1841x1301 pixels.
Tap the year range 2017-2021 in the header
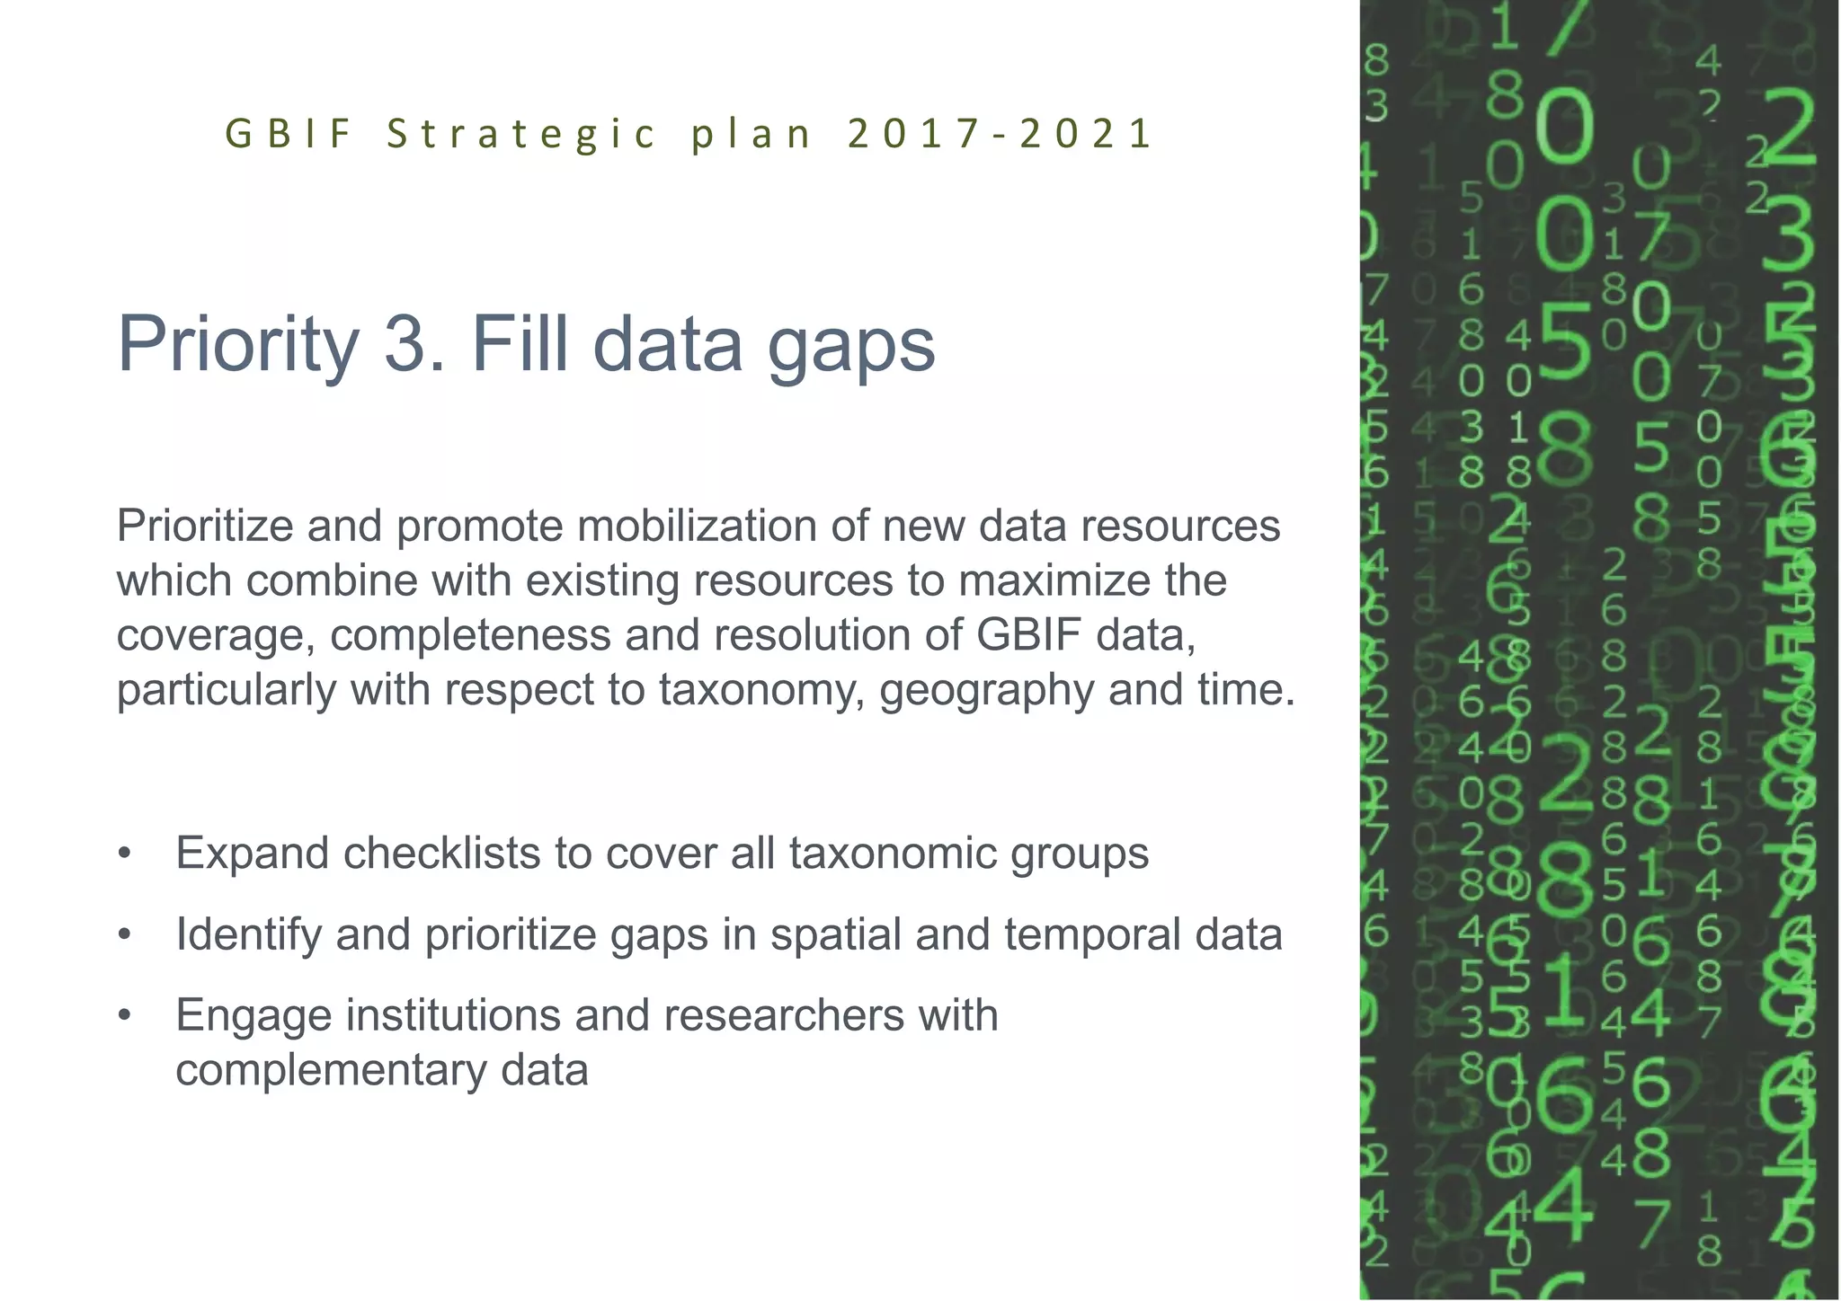point(999,134)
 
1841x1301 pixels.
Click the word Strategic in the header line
point(521,134)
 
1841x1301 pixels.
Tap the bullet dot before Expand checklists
point(125,854)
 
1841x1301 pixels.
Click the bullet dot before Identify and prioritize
point(125,935)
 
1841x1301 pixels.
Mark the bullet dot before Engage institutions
point(125,1016)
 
